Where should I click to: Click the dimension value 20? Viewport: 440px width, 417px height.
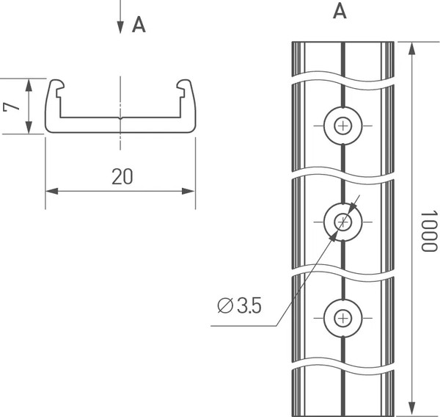point(122,176)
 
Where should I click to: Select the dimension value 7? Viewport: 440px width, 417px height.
point(10,106)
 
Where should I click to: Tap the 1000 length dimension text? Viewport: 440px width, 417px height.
point(428,230)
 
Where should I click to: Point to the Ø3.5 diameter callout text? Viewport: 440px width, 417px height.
point(240,305)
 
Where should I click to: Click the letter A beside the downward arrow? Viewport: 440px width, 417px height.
point(139,25)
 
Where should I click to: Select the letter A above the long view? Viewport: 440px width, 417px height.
point(340,11)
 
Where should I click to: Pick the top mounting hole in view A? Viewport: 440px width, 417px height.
point(342,126)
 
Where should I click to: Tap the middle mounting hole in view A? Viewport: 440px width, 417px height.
point(342,221)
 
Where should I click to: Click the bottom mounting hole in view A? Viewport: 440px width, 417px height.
point(342,317)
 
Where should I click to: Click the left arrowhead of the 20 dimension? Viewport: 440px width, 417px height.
point(51,192)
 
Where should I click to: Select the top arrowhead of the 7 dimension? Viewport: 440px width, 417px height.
point(29,82)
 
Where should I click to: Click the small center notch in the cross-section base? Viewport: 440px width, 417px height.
point(120,117)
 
